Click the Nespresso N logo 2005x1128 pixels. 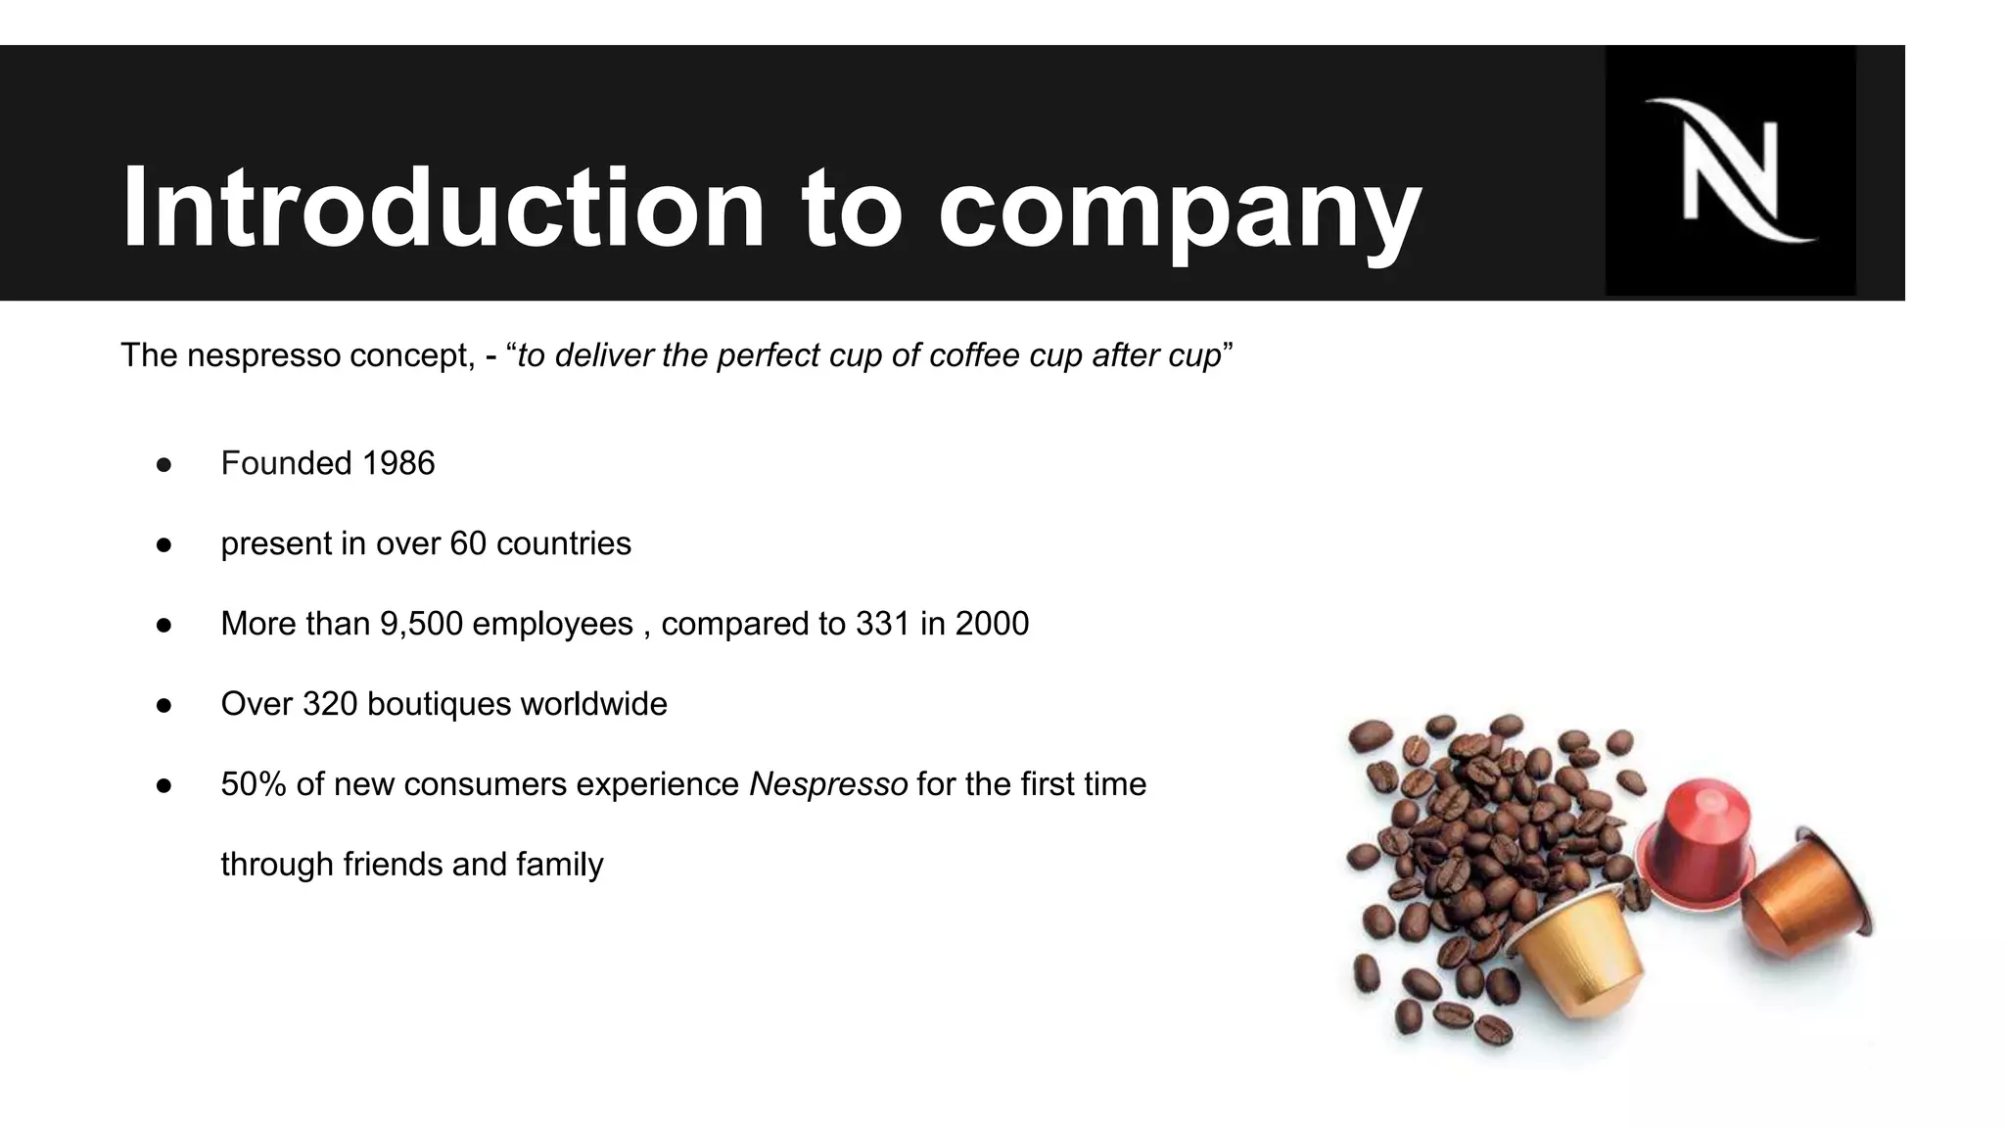pos(1730,170)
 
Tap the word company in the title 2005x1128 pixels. pos(1179,209)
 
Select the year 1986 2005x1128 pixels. pos(397,463)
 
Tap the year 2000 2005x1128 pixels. pos(992,624)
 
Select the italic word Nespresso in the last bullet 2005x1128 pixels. pos(828,784)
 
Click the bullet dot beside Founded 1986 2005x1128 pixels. pos(164,464)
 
